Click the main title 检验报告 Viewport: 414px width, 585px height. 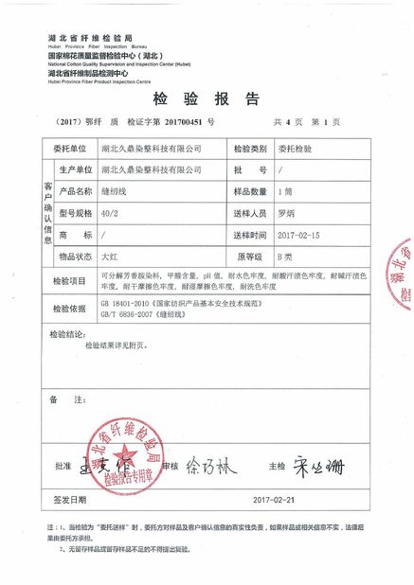pos(206,98)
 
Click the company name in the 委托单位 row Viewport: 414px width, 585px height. pos(150,150)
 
